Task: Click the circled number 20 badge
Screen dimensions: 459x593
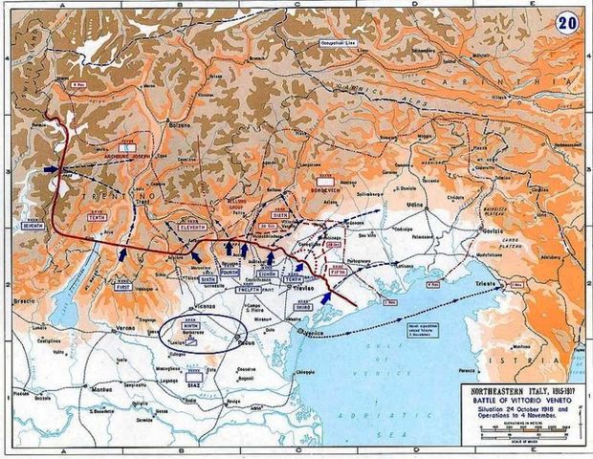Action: point(567,26)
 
